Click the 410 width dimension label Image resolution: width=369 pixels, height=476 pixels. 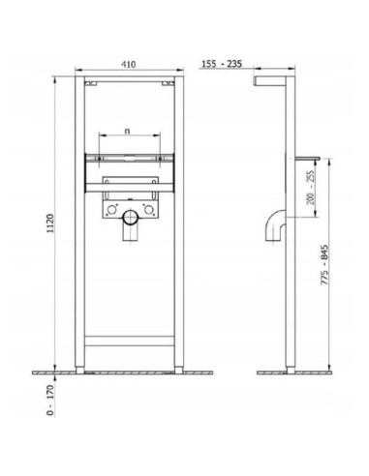tap(129, 64)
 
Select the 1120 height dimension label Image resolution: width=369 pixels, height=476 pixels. tap(50, 223)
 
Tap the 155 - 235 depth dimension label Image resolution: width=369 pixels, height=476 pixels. tap(222, 64)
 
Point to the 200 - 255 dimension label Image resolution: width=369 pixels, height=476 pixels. tap(311, 188)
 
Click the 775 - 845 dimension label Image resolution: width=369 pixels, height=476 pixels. tap(324, 264)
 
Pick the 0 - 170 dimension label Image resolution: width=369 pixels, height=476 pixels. tap(50, 400)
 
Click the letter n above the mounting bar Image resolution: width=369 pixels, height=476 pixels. tap(128, 131)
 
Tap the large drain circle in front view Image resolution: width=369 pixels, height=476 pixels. tap(131, 218)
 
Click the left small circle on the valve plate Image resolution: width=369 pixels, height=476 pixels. tap(112, 210)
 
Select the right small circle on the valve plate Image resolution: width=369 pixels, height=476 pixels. tap(149, 210)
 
